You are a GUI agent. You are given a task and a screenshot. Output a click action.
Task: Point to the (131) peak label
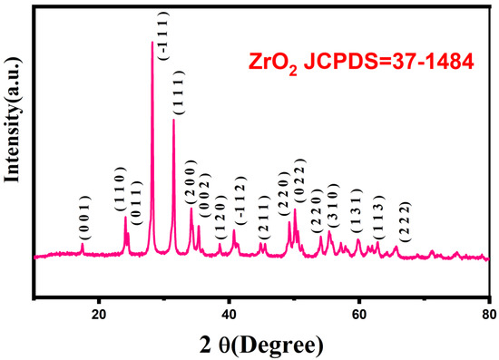358,219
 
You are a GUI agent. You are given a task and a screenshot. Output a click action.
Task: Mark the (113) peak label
378,222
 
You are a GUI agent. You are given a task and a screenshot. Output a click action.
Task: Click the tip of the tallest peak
152,42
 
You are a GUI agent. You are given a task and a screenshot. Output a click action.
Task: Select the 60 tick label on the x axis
359,315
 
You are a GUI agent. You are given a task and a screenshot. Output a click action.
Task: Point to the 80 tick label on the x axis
488,315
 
